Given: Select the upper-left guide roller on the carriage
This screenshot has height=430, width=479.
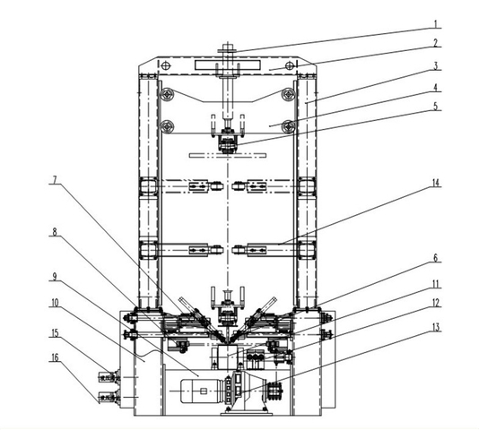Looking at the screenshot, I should (166, 94).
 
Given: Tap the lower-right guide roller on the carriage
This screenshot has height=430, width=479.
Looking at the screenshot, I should (287, 125).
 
